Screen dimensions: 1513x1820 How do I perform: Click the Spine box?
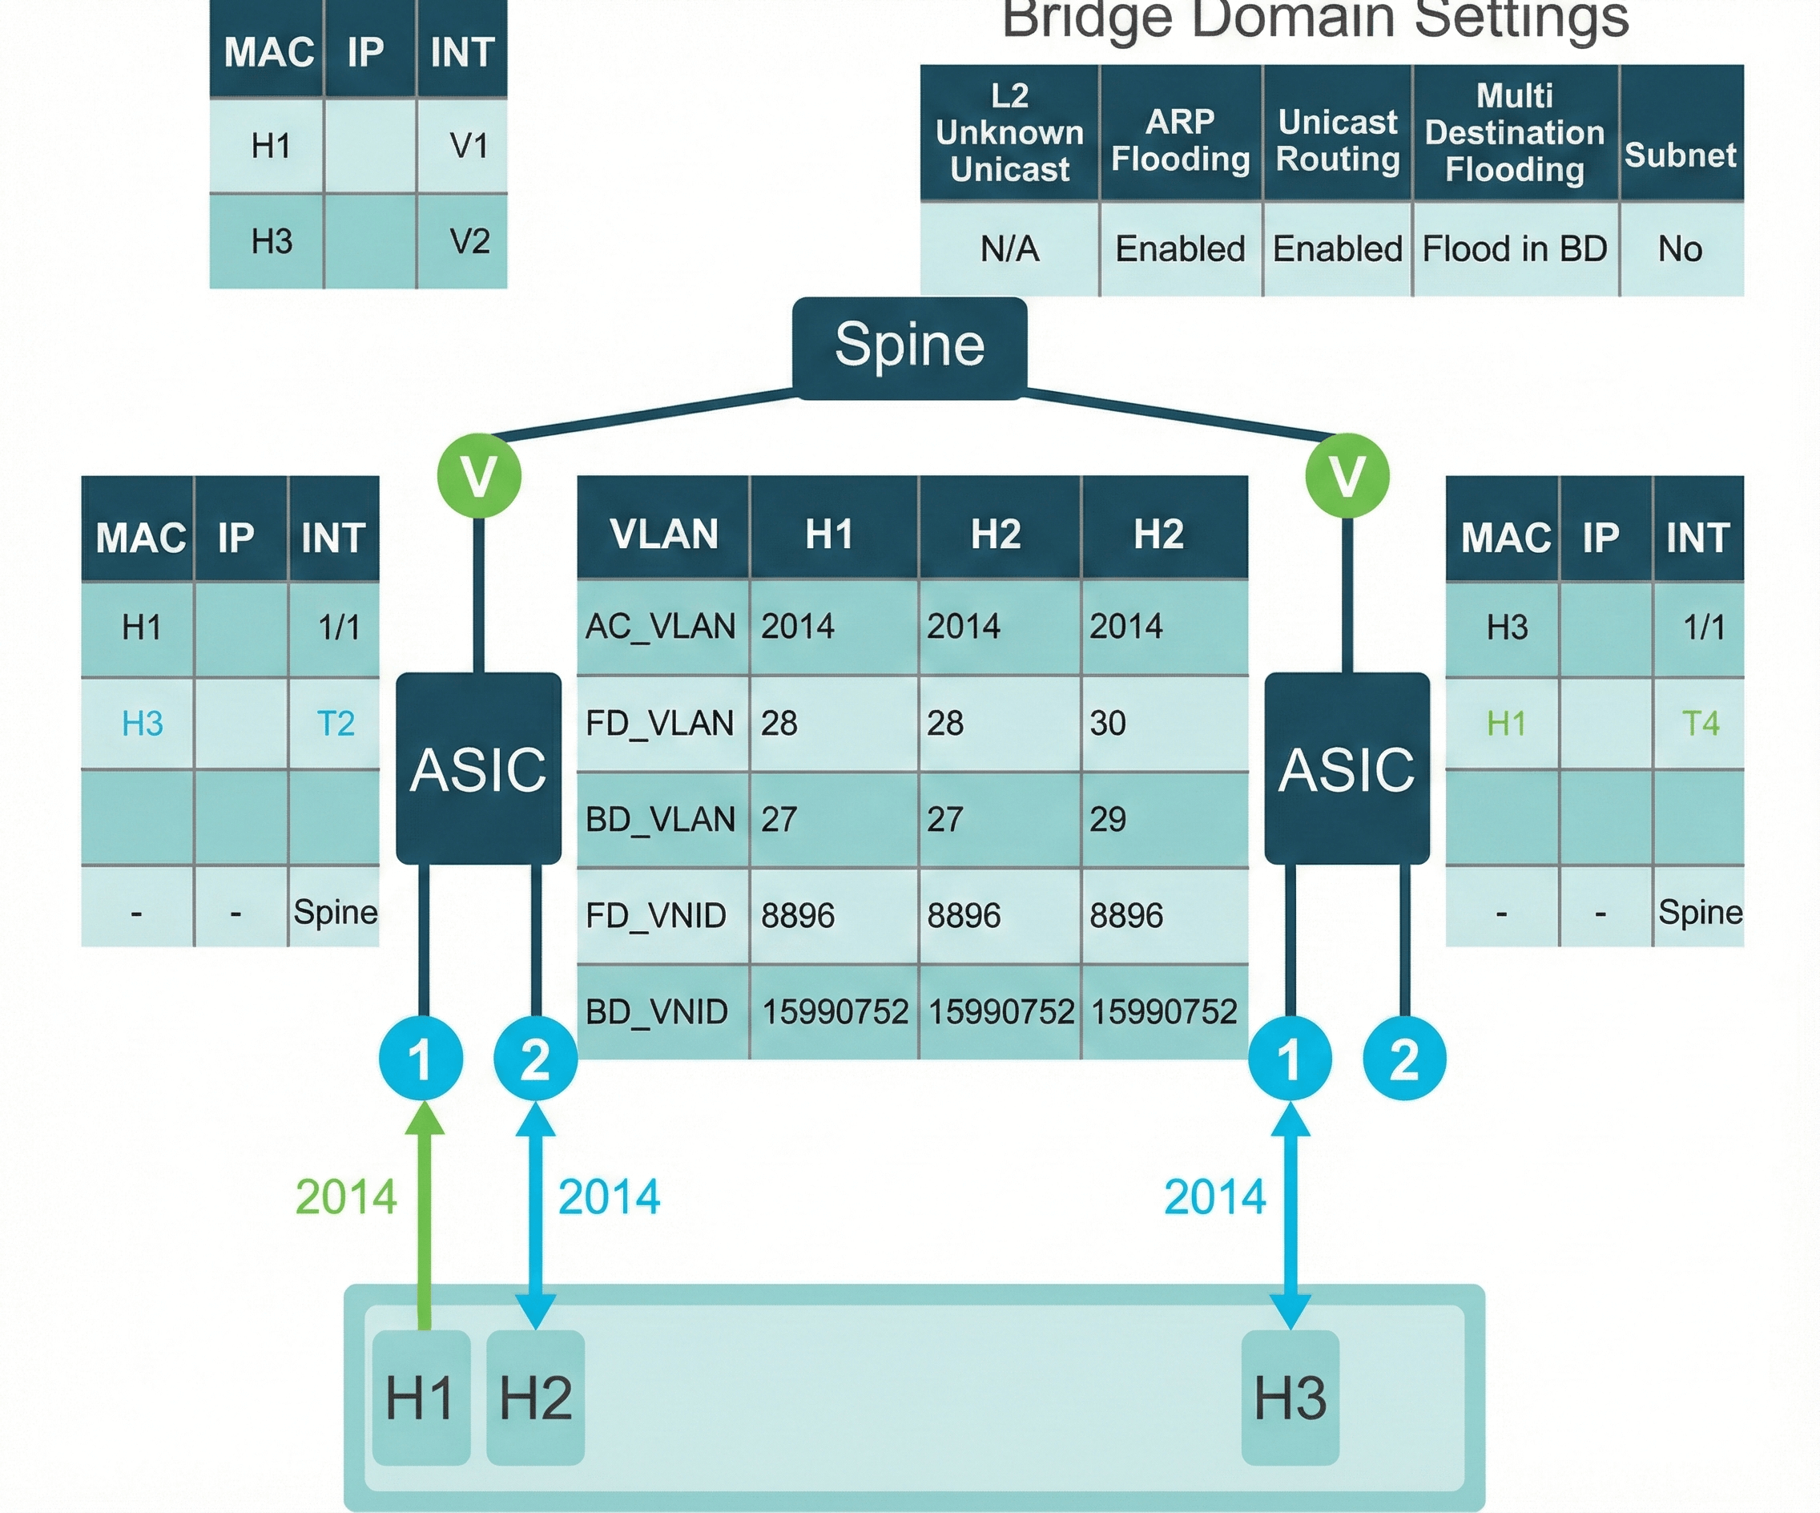coord(909,347)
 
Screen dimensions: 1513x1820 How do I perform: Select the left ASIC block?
coord(478,769)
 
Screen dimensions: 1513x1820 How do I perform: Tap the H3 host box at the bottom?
coord(1291,1398)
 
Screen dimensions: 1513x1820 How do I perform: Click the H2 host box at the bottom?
coord(536,1398)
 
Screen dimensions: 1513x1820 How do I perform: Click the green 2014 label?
coord(346,1197)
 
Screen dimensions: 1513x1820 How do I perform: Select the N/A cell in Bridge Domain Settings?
coord(1009,250)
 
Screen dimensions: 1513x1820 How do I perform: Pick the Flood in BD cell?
coord(1515,250)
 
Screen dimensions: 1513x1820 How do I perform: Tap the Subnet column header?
coord(1680,155)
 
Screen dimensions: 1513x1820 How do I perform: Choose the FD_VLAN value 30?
coord(1108,723)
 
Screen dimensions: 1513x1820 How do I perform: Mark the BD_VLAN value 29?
coord(1108,819)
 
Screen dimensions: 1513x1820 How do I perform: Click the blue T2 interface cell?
coord(336,723)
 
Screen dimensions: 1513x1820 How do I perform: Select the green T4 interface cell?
coord(1700,723)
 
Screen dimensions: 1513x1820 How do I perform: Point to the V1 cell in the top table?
coord(469,146)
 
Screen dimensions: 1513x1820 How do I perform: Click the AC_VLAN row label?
coord(660,626)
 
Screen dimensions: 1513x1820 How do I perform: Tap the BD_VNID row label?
coord(657,1012)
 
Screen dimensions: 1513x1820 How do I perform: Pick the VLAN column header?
coord(664,533)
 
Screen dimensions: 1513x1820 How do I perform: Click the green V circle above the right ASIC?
coord(1347,475)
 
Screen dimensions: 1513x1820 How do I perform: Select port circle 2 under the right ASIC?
coord(1404,1059)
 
